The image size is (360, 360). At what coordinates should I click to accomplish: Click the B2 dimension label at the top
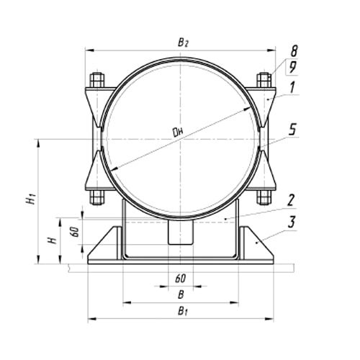click(183, 43)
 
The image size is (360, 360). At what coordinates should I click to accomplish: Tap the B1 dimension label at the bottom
click(182, 312)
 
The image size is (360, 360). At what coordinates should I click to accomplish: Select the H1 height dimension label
click(31, 200)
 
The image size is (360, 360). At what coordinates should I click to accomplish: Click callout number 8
click(294, 51)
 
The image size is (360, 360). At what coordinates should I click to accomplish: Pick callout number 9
click(292, 67)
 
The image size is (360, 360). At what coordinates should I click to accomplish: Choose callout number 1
click(292, 88)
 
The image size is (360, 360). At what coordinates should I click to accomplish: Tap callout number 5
click(292, 130)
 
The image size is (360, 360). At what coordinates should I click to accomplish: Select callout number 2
click(291, 200)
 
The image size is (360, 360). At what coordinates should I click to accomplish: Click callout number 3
click(292, 222)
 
